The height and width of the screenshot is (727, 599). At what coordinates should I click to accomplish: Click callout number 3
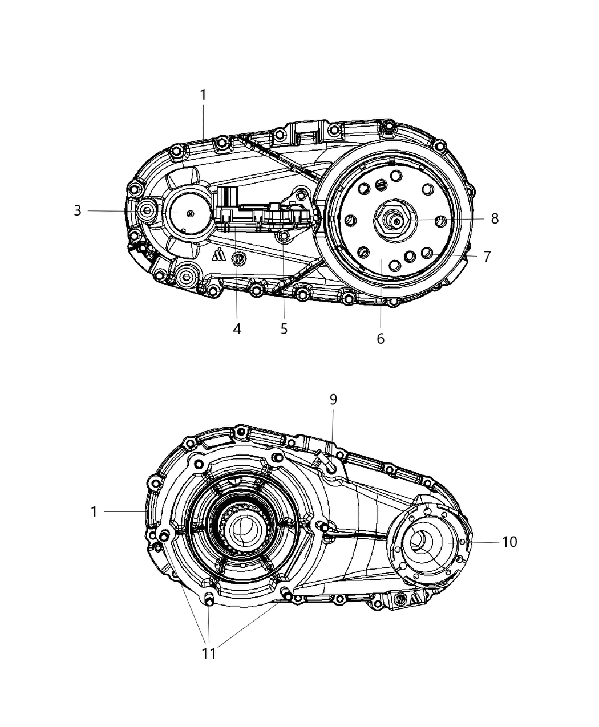pyautogui.click(x=78, y=210)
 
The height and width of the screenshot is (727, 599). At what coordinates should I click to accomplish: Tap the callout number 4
pyautogui.click(x=237, y=329)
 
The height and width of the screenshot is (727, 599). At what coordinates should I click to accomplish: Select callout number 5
pyautogui.click(x=284, y=329)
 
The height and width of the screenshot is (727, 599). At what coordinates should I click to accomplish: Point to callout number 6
pyautogui.click(x=381, y=339)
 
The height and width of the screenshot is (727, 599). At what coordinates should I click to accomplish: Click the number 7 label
pyautogui.click(x=487, y=257)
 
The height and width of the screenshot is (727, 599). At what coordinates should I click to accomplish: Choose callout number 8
pyautogui.click(x=495, y=218)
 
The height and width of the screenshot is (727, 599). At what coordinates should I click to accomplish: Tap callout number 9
pyautogui.click(x=333, y=400)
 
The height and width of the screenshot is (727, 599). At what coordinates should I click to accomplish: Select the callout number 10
pyautogui.click(x=509, y=542)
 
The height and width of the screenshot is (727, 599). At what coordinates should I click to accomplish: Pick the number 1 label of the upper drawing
pyautogui.click(x=203, y=95)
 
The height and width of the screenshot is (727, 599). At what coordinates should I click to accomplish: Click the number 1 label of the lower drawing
pyautogui.click(x=94, y=512)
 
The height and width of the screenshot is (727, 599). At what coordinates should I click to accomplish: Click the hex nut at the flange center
pyautogui.click(x=394, y=218)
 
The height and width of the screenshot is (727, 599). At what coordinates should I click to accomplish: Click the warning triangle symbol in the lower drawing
pyautogui.click(x=416, y=598)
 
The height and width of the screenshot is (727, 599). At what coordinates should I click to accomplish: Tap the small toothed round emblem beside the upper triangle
pyautogui.click(x=239, y=259)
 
